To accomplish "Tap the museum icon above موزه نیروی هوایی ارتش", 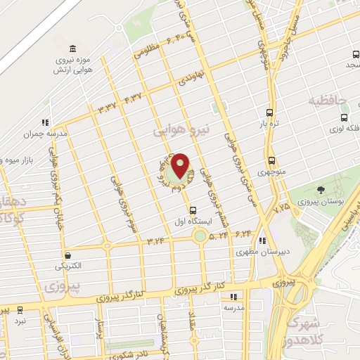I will point(73,48).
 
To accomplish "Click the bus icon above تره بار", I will point(270,112).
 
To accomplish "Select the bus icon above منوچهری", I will point(271,160).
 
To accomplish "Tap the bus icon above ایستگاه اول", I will point(193,210).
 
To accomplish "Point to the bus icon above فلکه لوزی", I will point(344,118).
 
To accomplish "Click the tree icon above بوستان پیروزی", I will point(321,190).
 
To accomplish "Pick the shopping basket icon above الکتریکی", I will point(67,256).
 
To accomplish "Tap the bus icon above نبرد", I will point(19,309).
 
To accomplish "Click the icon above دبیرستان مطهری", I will point(263,240).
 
